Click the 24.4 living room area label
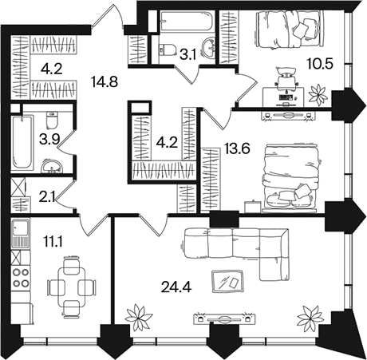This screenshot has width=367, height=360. point(176,287)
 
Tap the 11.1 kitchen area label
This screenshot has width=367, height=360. point(53,242)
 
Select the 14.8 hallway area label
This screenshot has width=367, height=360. point(105,81)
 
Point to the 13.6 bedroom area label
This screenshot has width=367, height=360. point(237,148)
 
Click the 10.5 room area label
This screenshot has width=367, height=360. point(320,64)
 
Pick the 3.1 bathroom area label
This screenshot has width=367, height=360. point(187,55)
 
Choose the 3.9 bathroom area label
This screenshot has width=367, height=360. point(49,140)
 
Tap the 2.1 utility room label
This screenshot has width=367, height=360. point(47,198)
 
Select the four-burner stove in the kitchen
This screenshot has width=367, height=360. point(21,278)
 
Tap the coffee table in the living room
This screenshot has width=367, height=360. point(227,281)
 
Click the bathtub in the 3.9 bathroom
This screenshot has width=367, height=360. point(22,142)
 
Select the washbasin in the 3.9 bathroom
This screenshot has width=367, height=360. point(52,167)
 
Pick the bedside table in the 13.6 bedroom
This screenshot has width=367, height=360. point(252,207)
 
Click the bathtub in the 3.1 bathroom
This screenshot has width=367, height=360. point(187,21)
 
